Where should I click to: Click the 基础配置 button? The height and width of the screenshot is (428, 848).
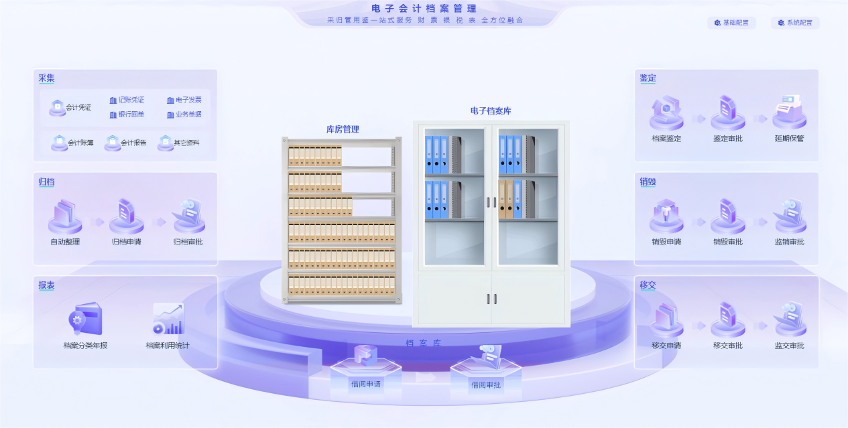coord(731,23)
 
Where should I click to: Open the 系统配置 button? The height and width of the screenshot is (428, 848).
coord(795,23)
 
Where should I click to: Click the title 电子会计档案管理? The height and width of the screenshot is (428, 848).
coord(424,9)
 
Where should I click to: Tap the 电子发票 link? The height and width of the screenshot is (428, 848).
coord(184,100)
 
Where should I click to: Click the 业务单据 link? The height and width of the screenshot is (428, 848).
coord(184,115)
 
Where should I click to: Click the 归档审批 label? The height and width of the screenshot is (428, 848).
coord(188,242)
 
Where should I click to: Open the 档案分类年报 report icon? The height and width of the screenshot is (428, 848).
coord(85,320)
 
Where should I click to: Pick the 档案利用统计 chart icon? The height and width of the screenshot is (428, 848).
coord(168,319)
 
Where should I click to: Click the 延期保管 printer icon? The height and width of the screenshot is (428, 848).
coord(789,112)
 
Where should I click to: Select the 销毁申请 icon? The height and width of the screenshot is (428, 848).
coord(666,216)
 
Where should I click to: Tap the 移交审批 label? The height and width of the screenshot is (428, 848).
coord(727,346)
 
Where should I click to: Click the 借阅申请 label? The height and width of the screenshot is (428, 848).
coord(365,384)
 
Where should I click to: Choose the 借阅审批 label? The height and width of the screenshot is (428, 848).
coord(485,385)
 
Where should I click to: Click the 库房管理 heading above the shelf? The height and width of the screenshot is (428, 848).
coord(343,129)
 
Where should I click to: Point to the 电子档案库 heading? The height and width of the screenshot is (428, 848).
coord(491,111)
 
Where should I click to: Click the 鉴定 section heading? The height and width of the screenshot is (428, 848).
coord(648,78)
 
